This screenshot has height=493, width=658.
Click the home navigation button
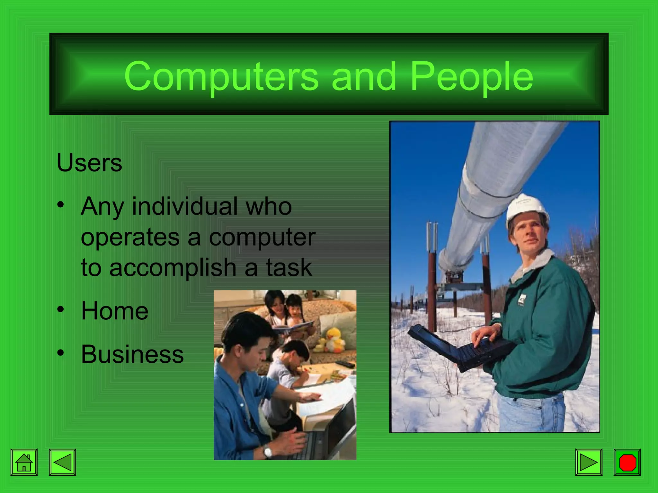click(24, 462)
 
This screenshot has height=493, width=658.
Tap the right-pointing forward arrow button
click(589, 462)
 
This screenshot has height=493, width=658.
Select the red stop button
click(627, 462)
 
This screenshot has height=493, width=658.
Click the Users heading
click(89, 163)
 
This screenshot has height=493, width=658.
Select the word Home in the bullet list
click(115, 311)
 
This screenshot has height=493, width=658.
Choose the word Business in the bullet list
click(132, 354)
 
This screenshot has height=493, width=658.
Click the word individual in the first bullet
click(185, 206)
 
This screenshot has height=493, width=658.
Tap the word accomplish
click(173, 267)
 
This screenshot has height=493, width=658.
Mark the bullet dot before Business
click(61, 353)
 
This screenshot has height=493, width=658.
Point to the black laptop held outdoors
click(459, 348)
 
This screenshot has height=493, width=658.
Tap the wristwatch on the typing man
click(268, 452)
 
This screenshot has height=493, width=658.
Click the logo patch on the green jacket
click(522, 299)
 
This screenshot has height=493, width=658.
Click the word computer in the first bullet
click(262, 238)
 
